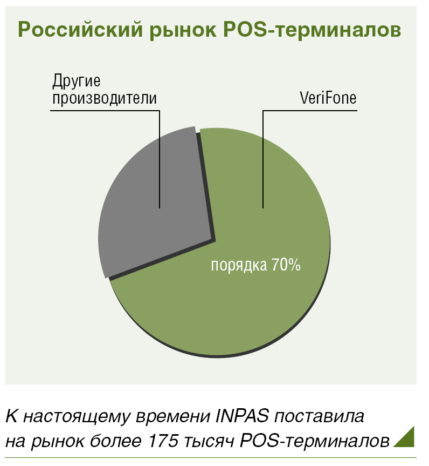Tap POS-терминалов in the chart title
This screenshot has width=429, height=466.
click(x=312, y=29)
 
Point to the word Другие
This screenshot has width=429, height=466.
click(x=76, y=82)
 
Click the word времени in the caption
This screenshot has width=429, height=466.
click(x=172, y=417)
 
